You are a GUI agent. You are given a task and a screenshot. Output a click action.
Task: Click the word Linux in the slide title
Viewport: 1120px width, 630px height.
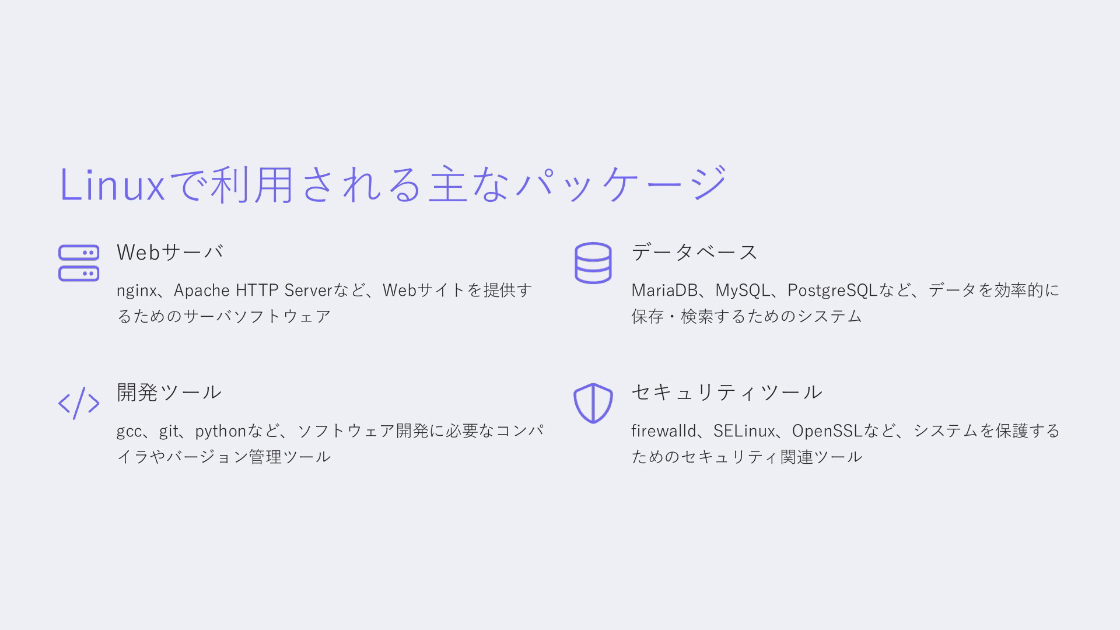point(113,185)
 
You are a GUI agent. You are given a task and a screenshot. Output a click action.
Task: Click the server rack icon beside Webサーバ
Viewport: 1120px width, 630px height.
point(79,263)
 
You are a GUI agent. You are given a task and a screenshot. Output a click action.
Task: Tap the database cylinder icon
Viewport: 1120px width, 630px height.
point(593,263)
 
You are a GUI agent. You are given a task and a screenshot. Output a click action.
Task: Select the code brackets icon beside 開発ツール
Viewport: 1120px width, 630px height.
point(79,403)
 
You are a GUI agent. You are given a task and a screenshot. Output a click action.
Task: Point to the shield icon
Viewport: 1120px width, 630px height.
point(593,403)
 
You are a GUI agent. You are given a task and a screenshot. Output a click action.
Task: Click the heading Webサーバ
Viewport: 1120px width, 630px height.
point(170,252)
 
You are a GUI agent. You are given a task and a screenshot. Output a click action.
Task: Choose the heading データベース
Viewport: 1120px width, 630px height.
point(694,252)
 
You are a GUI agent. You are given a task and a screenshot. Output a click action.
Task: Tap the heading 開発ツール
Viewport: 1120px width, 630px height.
point(169,392)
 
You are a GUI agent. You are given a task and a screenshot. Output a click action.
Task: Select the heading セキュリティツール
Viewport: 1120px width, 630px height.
point(727,392)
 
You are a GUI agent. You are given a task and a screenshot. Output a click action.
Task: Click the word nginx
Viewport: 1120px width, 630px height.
point(136,290)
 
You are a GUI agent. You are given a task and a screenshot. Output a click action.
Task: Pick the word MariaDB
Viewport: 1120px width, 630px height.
point(664,290)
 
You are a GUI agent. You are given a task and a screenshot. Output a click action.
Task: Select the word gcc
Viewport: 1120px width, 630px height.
point(129,432)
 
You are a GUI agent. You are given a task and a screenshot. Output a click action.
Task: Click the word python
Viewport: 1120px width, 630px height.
point(220,431)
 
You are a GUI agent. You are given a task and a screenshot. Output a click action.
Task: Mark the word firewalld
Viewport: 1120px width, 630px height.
point(664,430)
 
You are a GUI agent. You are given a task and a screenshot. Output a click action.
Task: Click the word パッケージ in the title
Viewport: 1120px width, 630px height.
point(622,184)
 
